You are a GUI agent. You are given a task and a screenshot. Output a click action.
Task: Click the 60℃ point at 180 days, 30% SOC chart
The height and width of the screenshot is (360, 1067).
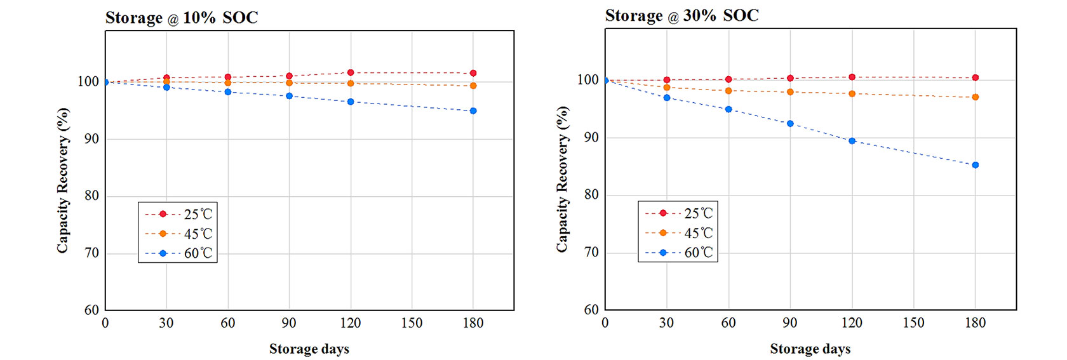tap(976, 165)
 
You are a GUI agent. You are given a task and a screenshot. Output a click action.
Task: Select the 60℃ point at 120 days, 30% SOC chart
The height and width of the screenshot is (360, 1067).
tap(852, 141)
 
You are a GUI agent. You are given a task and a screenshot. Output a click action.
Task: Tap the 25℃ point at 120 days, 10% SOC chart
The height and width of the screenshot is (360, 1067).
tap(351, 72)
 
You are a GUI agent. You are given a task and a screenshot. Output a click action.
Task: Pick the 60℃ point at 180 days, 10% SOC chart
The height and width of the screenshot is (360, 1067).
tap(473, 111)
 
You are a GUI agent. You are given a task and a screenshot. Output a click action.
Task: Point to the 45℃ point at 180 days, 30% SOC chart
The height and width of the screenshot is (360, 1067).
tap(976, 97)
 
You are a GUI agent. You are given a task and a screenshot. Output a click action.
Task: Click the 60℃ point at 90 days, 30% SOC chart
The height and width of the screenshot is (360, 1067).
tap(790, 124)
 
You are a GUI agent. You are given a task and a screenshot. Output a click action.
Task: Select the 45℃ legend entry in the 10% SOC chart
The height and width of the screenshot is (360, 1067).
tap(178, 234)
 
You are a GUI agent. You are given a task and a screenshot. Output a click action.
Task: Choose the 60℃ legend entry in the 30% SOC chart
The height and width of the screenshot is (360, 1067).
tap(679, 252)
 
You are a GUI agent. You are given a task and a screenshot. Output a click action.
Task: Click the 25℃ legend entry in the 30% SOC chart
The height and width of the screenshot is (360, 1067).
tap(679, 213)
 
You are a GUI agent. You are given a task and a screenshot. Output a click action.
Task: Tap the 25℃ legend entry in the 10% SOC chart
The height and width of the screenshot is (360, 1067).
tap(178, 215)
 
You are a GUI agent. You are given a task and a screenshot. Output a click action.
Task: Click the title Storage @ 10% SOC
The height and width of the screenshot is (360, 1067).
tap(182, 18)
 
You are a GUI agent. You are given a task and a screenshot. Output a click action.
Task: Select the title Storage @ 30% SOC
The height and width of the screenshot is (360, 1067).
tap(681, 16)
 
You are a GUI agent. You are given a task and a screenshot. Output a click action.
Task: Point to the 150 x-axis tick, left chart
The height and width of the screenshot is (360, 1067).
tap(412, 323)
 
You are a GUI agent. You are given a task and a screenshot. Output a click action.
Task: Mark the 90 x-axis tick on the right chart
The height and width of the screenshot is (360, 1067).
tap(790, 323)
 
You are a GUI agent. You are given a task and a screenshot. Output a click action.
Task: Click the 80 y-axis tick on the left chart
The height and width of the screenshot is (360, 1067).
tap(92, 196)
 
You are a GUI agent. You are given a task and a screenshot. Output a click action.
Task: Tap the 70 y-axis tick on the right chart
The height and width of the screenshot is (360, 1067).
tap(591, 252)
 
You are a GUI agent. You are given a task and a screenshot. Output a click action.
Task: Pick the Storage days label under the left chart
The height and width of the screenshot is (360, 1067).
tap(309, 349)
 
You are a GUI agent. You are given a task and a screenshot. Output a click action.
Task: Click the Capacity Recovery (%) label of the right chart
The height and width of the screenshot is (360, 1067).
tap(562, 179)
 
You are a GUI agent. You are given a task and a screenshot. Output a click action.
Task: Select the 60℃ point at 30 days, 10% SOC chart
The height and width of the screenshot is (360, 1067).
tap(166, 87)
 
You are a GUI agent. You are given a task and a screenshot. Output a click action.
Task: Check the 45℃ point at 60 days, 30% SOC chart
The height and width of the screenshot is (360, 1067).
tap(728, 91)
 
